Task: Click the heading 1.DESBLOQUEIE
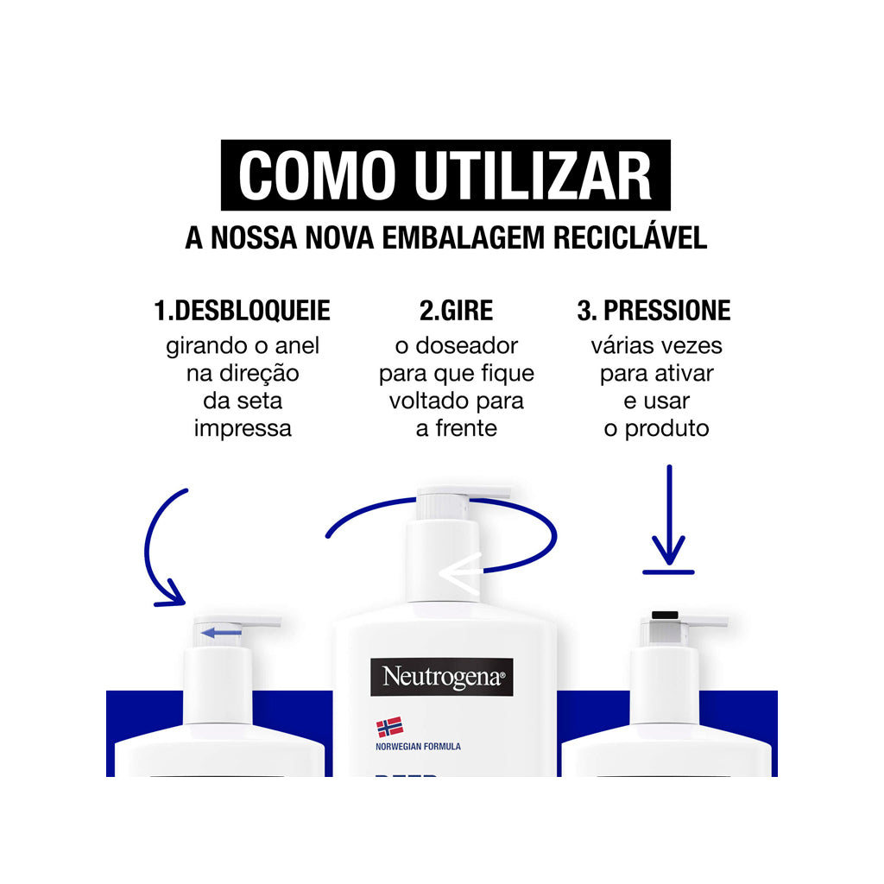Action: point(242,311)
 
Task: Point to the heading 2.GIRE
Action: point(456,311)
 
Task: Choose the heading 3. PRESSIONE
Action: point(654,311)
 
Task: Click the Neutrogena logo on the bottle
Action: point(442,677)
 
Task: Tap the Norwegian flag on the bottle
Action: point(389,728)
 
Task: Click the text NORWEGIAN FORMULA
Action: point(419,747)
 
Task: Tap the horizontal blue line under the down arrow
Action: point(668,571)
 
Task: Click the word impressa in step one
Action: point(243,429)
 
